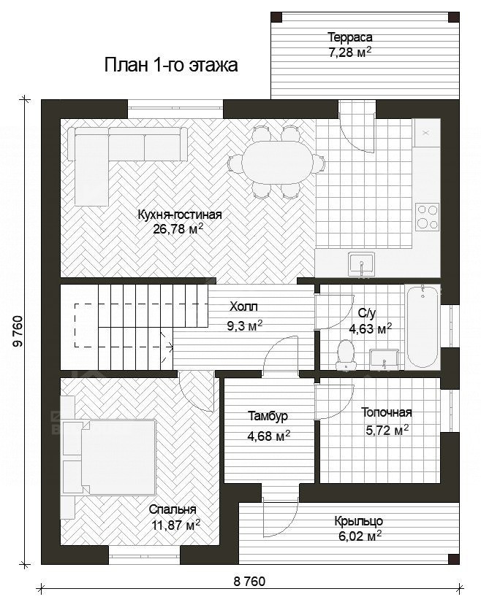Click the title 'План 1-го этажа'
[x=171, y=65]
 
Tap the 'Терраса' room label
[x=349, y=37]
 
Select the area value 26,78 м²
[x=178, y=228]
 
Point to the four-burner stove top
[x=427, y=217]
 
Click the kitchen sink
[x=362, y=264]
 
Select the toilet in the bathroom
[x=346, y=354]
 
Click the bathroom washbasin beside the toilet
[x=385, y=359]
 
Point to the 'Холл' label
[x=243, y=307]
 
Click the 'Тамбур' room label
[x=268, y=416]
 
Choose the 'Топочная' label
[x=386, y=412]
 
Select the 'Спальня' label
[x=173, y=510]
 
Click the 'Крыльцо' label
[x=359, y=521]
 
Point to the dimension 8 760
[x=249, y=582]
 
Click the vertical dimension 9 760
[x=18, y=331]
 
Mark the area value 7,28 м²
[x=349, y=53]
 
